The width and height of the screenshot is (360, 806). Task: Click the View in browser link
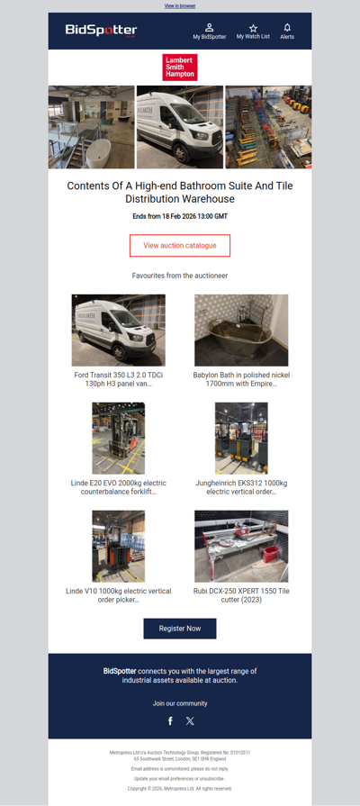tap(180, 5)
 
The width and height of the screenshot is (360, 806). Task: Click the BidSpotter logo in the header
tap(101, 31)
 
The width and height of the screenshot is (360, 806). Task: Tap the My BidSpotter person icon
tap(210, 28)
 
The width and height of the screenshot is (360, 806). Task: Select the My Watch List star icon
tap(253, 28)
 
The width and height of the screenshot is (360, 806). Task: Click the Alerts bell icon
tap(287, 28)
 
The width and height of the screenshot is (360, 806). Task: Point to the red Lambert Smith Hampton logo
tap(180, 68)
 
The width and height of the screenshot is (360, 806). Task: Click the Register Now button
tap(180, 628)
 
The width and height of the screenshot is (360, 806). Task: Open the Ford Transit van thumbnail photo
tap(118, 330)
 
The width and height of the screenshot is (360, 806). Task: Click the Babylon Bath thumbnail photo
tap(241, 330)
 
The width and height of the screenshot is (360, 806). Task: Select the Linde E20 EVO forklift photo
tap(118, 439)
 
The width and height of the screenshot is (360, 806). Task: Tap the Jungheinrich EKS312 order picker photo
tap(241, 439)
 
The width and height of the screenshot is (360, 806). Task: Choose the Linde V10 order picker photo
tap(118, 546)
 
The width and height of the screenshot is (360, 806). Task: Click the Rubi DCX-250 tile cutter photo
tap(241, 546)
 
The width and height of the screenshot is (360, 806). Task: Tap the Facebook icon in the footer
tap(170, 720)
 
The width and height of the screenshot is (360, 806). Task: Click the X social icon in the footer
tap(190, 720)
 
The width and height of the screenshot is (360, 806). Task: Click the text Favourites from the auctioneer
tap(180, 275)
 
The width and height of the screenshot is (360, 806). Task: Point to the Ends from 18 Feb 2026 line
tap(180, 217)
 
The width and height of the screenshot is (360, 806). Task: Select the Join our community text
tap(180, 703)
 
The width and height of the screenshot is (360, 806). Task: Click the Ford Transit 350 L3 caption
tap(118, 379)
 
